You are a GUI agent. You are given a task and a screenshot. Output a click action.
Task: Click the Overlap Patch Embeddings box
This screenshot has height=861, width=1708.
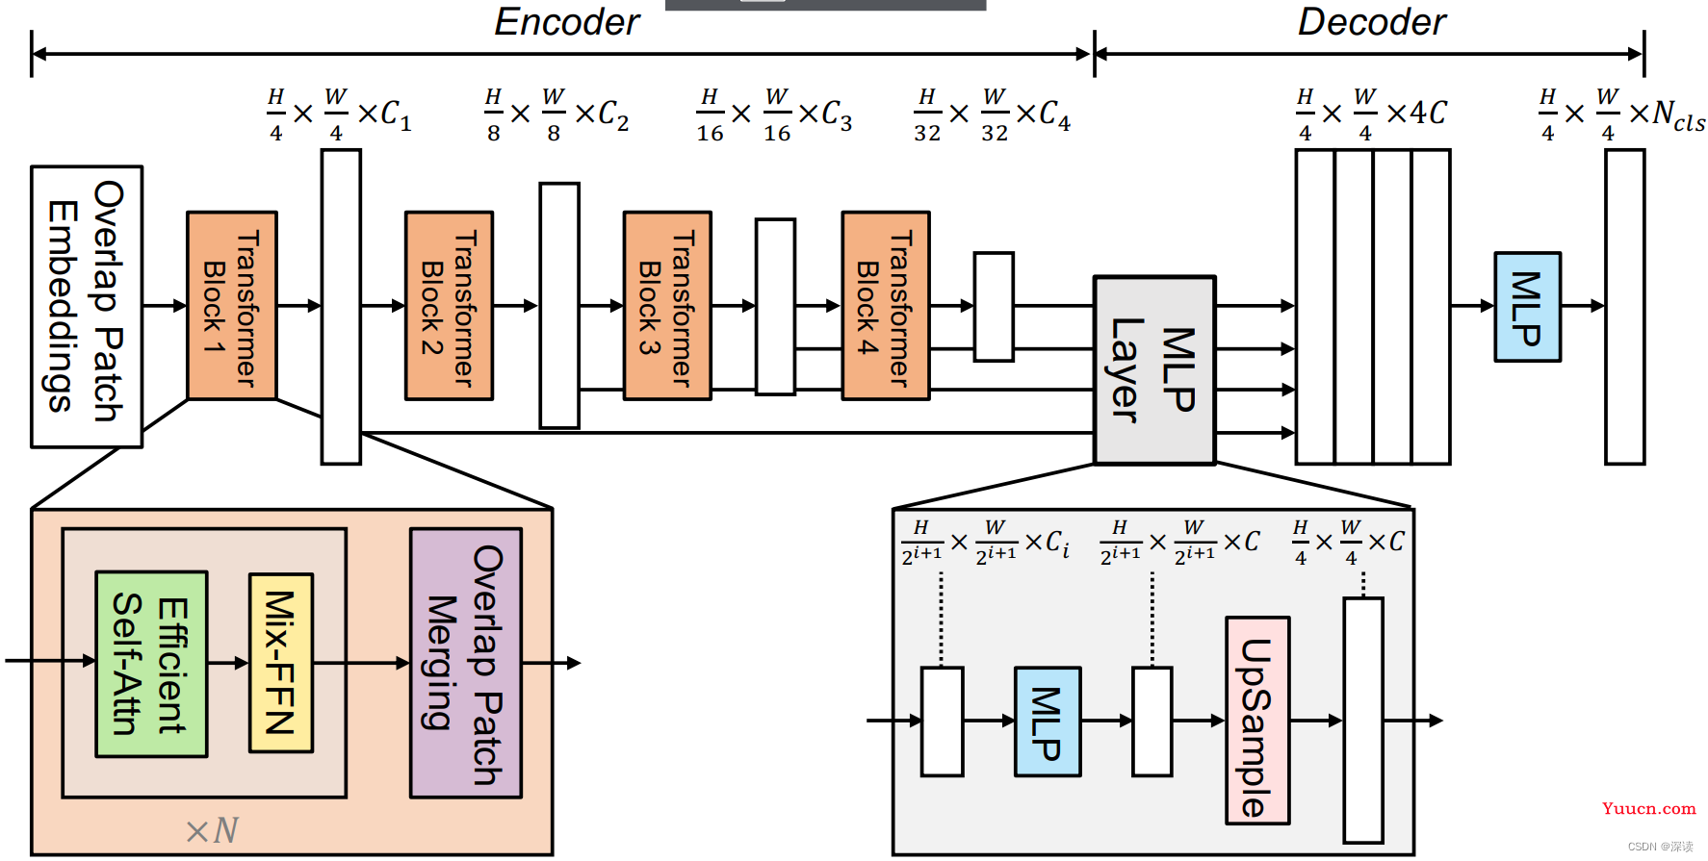pos(87,307)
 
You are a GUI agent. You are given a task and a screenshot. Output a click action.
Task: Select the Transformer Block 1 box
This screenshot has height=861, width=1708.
pos(232,306)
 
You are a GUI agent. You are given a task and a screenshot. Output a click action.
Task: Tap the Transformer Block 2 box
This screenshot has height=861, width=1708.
pos(450,306)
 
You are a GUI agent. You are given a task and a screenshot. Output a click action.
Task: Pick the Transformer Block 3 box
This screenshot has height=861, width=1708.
pos(667,306)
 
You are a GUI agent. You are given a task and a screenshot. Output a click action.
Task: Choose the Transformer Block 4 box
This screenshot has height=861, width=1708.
pos(886,306)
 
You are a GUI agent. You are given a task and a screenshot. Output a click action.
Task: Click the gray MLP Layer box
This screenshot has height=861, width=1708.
pos(1154,370)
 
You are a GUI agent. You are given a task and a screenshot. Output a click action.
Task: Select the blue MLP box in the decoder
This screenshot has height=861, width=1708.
pos(1527,307)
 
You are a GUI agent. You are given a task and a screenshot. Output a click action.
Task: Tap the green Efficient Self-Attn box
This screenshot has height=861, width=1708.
pos(151,664)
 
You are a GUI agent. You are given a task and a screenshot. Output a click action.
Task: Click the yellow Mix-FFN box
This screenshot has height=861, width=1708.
pos(281,663)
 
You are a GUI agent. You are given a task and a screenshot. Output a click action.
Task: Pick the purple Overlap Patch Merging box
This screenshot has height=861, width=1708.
pos(466,663)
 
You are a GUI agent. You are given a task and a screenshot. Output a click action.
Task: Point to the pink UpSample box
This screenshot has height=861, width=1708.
pos(1257,721)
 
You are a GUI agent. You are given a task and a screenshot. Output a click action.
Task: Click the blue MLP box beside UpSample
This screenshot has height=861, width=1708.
pos(1048,722)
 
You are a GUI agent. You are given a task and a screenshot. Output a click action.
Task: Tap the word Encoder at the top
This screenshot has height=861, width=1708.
pos(567,22)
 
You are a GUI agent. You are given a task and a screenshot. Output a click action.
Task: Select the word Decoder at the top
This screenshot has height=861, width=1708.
pos(1372,22)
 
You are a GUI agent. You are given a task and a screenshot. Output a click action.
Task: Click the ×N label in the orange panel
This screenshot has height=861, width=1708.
pos(212,830)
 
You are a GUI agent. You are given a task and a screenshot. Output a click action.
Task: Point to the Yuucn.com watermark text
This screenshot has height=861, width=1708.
pos(1649,809)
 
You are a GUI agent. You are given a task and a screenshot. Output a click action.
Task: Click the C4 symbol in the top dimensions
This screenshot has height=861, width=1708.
pos(1054,115)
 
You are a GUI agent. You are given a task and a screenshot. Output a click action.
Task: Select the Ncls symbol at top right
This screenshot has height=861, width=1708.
pos(1679,116)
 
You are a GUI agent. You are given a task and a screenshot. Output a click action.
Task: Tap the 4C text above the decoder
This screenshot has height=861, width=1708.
pos(1429,113)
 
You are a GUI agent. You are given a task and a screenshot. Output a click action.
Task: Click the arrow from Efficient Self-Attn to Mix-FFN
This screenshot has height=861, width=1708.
pos(228,663)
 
